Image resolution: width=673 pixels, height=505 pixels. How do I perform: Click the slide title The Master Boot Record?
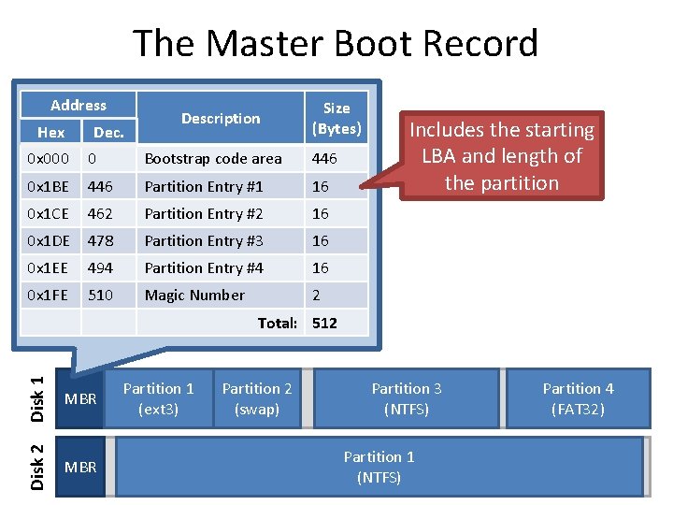pos(336,44)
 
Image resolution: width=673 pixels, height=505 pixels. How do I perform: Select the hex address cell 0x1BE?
pos(48,186)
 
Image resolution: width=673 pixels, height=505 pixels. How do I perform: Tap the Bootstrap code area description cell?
pos(212,159)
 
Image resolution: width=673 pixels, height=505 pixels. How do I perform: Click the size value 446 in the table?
pos(325,159)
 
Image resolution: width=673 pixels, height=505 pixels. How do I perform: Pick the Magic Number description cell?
pos(194,296)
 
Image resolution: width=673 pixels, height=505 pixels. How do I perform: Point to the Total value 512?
pos(324,324)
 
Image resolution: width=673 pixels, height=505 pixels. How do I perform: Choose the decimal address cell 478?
pos(100,241)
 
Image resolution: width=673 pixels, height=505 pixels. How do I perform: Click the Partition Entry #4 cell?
pos(204,268)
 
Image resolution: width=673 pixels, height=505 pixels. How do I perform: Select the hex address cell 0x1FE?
pos(48,296)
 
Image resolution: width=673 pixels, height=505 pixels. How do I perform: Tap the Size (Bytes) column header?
pos(336,118)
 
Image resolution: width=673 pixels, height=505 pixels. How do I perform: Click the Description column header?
pos(221,119)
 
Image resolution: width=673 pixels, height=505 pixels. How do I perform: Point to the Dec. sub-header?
pos(108,133)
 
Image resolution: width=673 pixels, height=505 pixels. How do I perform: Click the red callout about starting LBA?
pos(503,156)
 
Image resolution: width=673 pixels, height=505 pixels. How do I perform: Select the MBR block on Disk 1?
pos(79,399)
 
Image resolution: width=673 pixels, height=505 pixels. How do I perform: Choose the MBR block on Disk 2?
pos(79,467)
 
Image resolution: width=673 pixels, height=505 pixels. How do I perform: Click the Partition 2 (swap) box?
pos(256,398)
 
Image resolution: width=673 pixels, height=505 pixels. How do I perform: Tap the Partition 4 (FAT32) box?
pos(578,398)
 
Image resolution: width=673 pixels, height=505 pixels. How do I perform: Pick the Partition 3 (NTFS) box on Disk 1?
pos(406,398)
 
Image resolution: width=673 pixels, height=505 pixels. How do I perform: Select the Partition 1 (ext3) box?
pos(158,398)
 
